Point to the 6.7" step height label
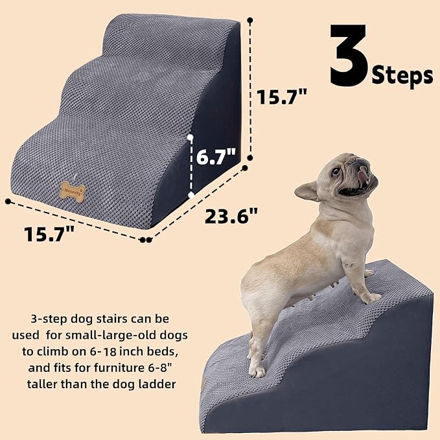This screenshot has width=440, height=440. click(216, 157)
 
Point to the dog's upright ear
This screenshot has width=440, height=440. click(309, 191)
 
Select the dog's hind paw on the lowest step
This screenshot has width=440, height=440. click(257, 371)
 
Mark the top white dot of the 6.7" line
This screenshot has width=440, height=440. click(191, 137)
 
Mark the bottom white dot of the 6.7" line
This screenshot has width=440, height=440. click(191, 194)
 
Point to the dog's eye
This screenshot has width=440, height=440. click(336, 172)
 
